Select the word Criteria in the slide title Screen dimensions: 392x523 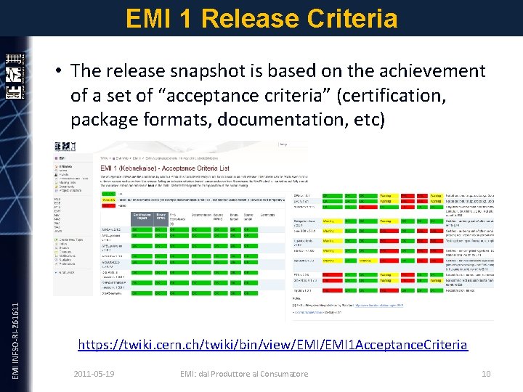click(x=355, y=17)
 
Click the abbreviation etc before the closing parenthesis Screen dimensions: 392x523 click(x=362, y=118)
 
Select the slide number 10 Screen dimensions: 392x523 click(x=486, y=374)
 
